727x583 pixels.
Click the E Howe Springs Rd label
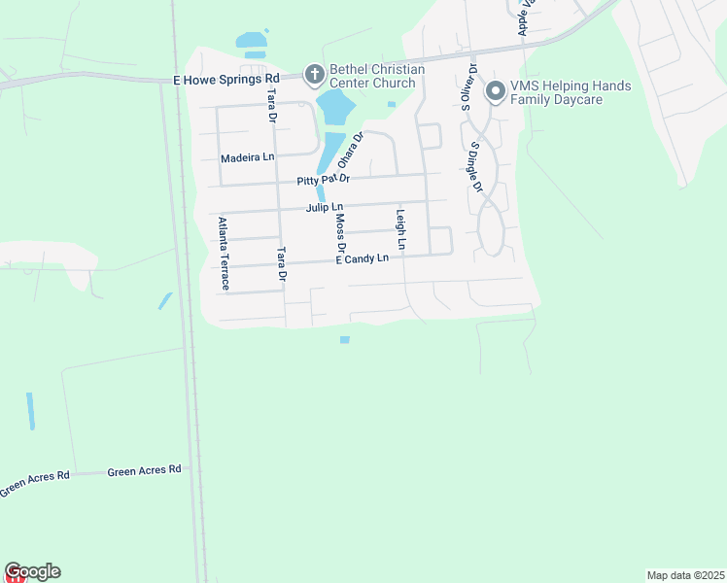tap(226, 78)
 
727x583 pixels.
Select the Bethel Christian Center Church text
tap(377, 76)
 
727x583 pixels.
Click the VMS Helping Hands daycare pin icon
tap(495, 92)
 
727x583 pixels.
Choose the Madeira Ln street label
tap(248, 157)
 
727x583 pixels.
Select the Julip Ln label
tap(325, 207)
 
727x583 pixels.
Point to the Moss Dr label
tap(340, 233)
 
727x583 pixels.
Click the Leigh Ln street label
tap(399, 229)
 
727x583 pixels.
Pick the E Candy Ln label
tap(363, 258)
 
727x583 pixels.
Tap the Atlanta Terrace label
tap(224, 254)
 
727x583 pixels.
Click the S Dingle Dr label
tap(476, 165)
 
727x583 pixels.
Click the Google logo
tap(32, 571)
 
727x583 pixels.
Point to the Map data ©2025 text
tap(686, 574)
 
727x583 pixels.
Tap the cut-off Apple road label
tap(526, 17)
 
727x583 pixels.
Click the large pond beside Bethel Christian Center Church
tap(333, 107)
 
